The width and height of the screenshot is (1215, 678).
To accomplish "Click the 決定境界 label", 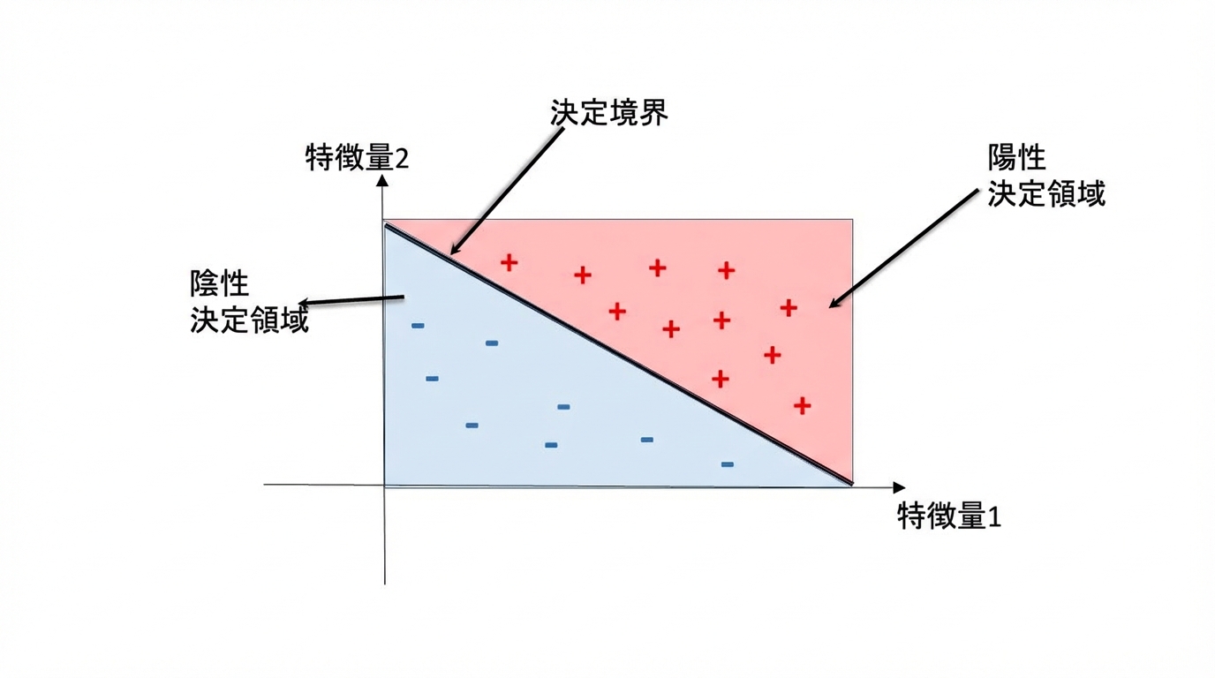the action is point(608,112).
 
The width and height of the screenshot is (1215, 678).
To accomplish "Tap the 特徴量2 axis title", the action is point(357,158).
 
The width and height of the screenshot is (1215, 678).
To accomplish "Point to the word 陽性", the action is point(1016,158).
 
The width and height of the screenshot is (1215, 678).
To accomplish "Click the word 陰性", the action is point(219,283).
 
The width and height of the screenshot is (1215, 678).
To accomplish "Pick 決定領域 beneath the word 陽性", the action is point(1046,193).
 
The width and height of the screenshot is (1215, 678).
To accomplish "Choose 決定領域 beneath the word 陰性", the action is point(249,319).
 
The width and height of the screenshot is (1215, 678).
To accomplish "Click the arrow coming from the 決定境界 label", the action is point(507,191).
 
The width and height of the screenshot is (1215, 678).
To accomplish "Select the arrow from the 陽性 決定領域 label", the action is point(903,248).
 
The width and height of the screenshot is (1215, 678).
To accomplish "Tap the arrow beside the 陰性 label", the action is point(351,300).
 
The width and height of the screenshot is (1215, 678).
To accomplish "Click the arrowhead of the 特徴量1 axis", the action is point(899,487).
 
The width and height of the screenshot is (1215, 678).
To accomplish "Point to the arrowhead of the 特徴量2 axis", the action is point(382,179).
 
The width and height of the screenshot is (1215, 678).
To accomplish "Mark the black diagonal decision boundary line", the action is point(618,354).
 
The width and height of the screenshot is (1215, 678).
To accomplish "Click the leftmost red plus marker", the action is point(509,262).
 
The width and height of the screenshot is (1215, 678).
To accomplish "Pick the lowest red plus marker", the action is point(803,405).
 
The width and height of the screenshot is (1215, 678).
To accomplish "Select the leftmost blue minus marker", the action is point(418,326).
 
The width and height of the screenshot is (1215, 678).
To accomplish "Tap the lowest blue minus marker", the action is point(728,464).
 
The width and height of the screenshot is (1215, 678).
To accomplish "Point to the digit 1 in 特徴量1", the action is point(995,516).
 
